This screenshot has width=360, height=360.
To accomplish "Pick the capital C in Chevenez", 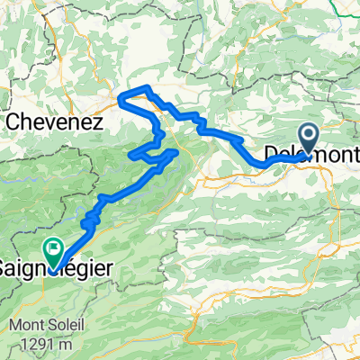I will click(13, 121).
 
